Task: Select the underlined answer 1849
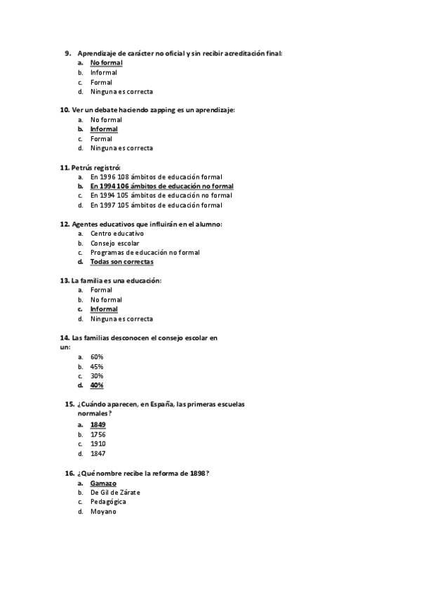(x=98, y=425)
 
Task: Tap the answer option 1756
(x=98, y=434)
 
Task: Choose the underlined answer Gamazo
(x=103, y=483)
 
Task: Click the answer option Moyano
(x=102, y=512)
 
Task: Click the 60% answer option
(x=97, y=357)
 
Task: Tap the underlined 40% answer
(x=97, y=385)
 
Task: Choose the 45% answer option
(x=97, y=366)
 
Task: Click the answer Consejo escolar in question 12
(x=114, y=243)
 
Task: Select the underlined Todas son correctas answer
(x=121, y=262)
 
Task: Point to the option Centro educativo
(x=116, y=233)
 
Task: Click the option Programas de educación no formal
(x=145, y=252)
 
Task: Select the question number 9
(x=68, y=53)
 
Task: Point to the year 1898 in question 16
(x=198, y=474)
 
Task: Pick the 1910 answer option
(x=98, y=443)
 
